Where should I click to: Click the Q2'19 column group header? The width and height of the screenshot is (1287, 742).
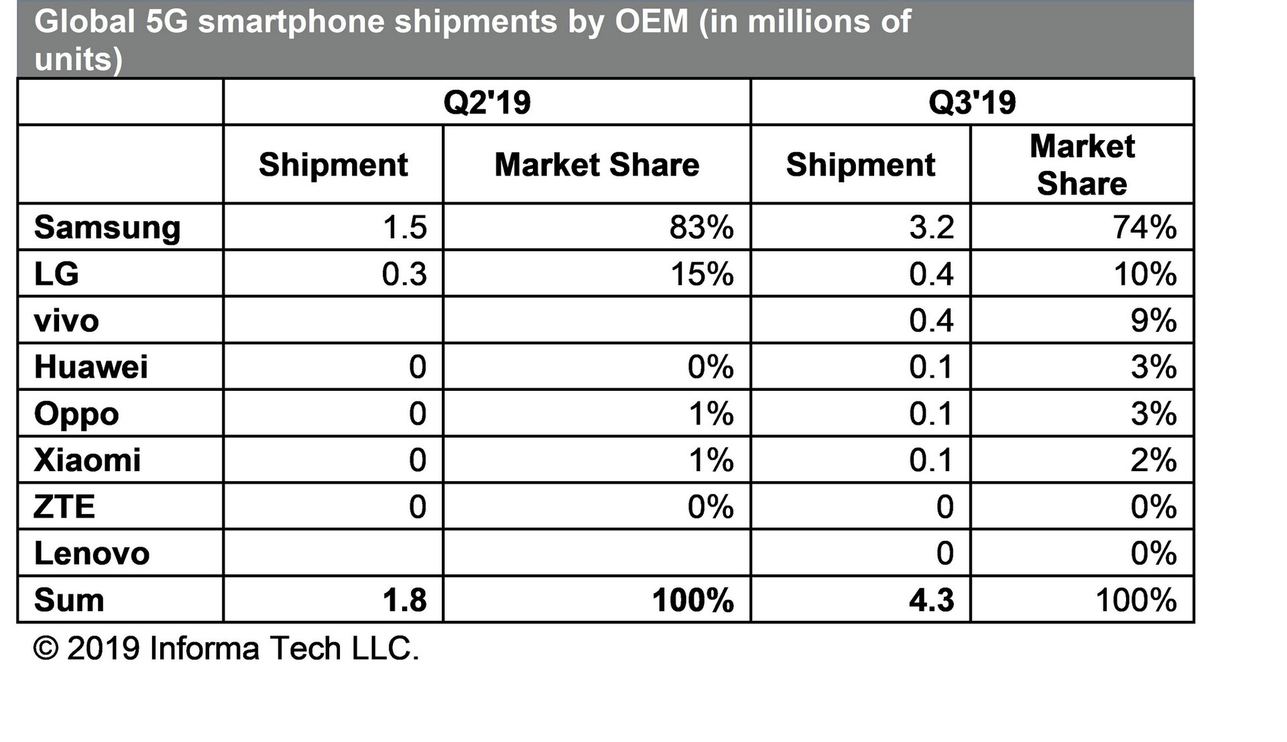487,103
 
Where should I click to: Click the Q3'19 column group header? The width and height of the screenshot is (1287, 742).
972,103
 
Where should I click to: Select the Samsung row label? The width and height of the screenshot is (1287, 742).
107,228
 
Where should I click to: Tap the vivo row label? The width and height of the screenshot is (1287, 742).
66,321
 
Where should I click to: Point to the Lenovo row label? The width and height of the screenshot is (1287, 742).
92,554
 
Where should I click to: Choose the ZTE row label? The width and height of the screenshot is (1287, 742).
64,507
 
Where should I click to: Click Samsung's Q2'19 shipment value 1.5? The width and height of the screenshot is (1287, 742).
404,228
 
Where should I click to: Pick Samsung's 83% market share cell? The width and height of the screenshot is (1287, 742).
701,228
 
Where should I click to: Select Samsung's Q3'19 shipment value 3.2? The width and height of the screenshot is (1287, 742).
931,228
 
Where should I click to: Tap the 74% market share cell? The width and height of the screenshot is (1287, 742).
1145,228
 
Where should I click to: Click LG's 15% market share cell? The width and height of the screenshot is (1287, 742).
702,274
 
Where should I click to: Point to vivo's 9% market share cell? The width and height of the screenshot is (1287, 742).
1154,321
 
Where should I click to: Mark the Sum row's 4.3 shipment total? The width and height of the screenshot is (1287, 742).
931,600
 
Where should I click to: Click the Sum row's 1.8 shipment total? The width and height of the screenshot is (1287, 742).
404,600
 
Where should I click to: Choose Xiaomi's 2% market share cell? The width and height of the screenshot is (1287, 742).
1154,460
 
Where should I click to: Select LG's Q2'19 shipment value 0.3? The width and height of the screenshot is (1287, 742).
404,274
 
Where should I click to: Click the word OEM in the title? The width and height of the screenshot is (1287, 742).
652,21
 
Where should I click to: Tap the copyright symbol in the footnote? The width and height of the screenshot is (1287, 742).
46,649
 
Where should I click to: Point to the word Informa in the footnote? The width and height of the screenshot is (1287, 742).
204,649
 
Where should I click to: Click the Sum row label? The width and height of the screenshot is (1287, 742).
69,600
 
